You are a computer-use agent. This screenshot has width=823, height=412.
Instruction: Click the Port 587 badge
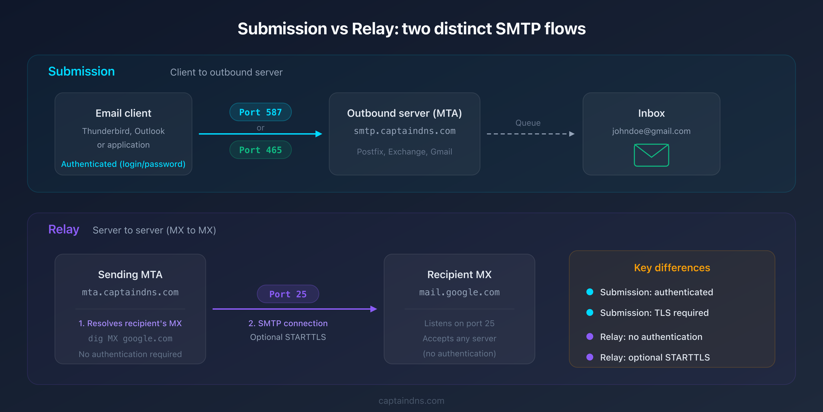[260, 112]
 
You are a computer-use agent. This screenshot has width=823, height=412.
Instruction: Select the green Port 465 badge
[260, 150]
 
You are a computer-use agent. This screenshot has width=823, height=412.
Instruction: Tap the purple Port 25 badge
[288, 294]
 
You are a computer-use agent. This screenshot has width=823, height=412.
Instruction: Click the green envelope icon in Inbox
[651, 155]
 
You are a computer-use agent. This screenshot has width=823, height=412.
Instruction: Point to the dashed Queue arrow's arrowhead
[572, 134]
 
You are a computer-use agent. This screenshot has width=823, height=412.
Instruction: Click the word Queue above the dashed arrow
[528, 123]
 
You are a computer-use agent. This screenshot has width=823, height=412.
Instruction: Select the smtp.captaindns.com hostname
[404, 131]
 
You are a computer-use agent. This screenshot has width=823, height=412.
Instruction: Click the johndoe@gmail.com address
[651, 131]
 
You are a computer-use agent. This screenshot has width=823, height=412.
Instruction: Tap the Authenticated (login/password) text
[123, 164]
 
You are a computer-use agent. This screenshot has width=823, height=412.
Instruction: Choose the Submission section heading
[81, 71]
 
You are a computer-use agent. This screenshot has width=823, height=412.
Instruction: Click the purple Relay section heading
[64, 229]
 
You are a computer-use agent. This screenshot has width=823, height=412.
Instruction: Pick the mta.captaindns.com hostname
[130, 292]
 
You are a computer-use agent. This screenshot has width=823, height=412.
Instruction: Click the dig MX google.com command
[130, 339]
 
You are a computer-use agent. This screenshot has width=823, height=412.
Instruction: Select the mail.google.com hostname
[459, 292]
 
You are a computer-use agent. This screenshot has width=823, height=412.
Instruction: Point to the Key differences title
[672, 268]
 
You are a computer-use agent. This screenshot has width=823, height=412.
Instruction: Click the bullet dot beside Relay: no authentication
[590, 336]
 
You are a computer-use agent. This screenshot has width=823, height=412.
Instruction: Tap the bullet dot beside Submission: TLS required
[590, 312]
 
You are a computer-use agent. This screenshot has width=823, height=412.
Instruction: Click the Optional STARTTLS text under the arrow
[288, 337]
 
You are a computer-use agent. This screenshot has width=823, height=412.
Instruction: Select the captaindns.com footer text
[411, 401]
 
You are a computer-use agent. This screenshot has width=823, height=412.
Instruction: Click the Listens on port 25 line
[459, 323]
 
